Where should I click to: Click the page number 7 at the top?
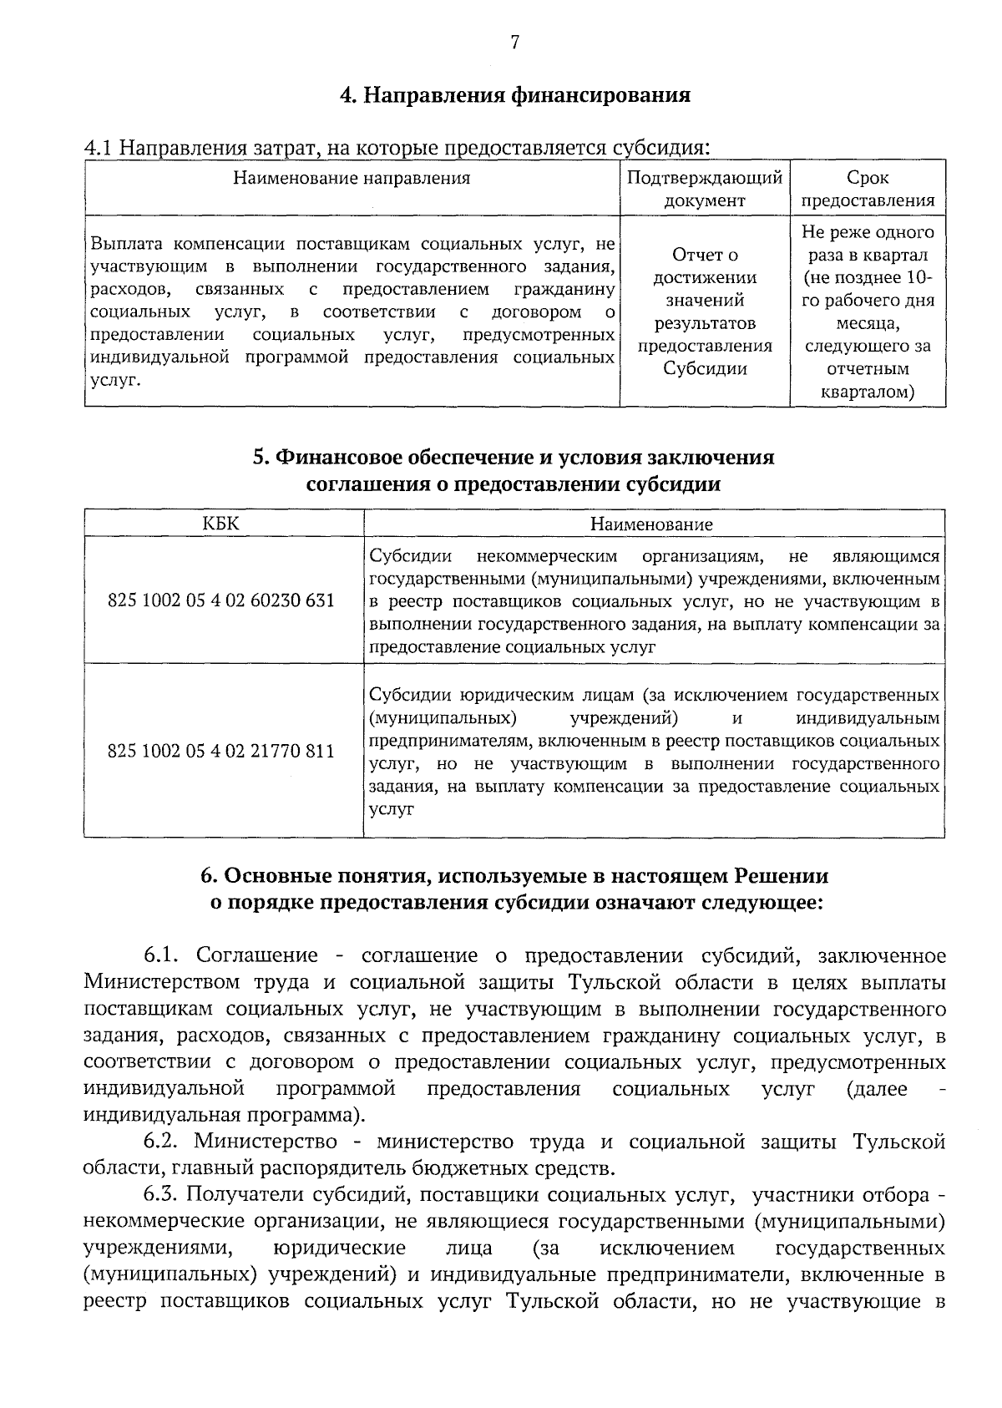click(x=514, y=43)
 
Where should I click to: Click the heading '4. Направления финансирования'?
click(x=514, y=94)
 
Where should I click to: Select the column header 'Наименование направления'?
click(x=352, y=178)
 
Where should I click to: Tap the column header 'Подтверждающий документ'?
click(x=705, y=189)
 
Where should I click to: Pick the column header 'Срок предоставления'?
click(x=868, y=189)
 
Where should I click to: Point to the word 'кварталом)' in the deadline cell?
click(x=868, y=391)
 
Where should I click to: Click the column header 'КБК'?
click(x=221, y=524)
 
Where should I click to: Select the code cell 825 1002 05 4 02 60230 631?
click(x=221, y=600)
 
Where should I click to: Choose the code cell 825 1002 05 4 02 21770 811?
click(x=221, y=751)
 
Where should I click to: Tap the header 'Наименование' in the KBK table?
click(x=651, y=524)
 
